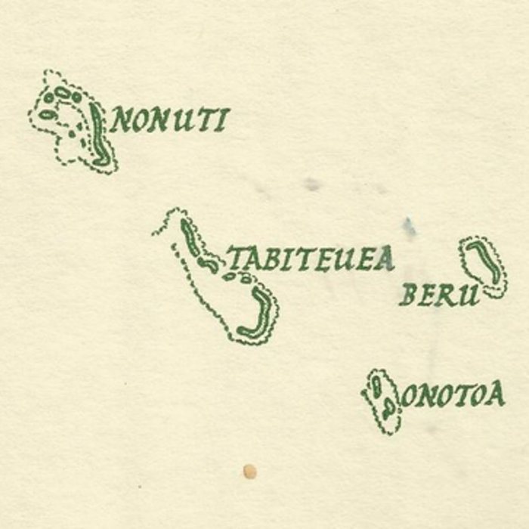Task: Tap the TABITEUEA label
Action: [311, 259]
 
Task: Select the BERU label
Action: [440, 295]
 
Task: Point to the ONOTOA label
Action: [453, 394]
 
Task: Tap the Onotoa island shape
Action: [382, 401]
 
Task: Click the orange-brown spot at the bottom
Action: [249, 472]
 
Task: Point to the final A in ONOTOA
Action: [495, 394]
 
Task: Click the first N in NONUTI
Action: [121, 121]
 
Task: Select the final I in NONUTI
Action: [221, 120]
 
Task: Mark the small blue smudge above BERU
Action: [409, 227]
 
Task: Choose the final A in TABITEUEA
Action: [385, 259]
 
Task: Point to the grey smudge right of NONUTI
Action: [311, 183]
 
